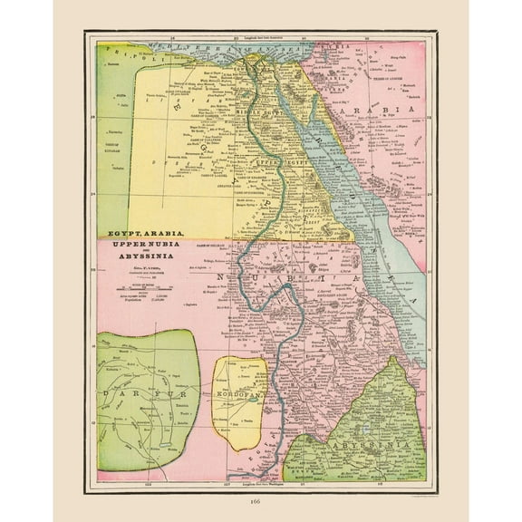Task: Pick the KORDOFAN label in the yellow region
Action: coord(239,399)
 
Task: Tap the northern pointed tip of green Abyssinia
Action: coord(396,359)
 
